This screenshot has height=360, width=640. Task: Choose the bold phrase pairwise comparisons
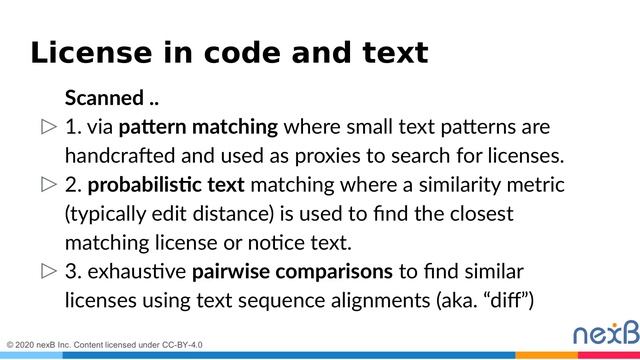coord(292,271)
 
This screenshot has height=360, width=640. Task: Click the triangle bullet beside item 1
coord(48,128)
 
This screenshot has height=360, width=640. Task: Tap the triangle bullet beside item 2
coord(48,186)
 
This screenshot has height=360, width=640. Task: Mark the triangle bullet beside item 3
coord(48,272)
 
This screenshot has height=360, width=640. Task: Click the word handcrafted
coord(118,156)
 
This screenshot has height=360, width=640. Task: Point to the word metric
coord(539,185)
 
